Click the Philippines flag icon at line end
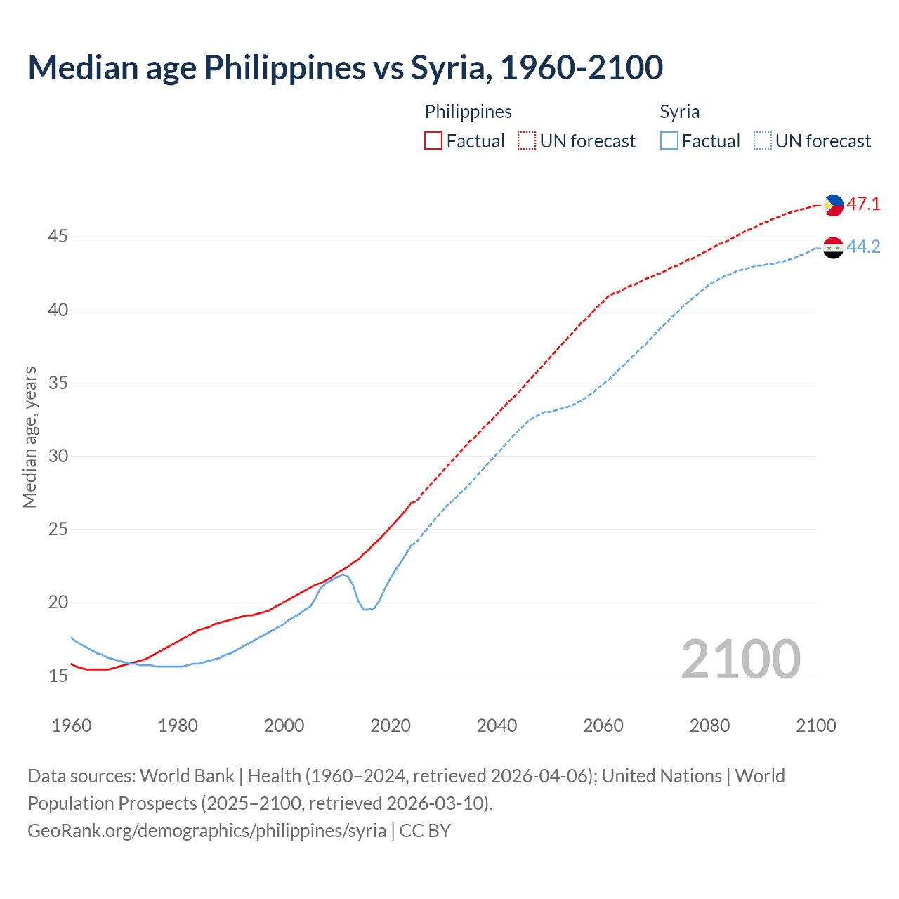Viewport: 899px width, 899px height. click(x=833, y=205)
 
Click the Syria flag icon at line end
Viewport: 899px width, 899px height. click(x=833, y=247)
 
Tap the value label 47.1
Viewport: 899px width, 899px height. click(x=863, y=204)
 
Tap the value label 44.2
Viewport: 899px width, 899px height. click(x=863, y=247)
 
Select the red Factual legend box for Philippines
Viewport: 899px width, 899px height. click(x=433, y=141)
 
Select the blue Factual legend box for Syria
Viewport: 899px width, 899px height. click(x=669, y=141)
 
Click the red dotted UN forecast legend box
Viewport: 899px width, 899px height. click(x=527, y=141)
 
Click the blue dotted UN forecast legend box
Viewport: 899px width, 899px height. click(x=762, y=141)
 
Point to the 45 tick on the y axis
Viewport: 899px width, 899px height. click(x=58, y=237)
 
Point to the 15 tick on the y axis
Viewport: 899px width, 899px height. click(x=58, y=676)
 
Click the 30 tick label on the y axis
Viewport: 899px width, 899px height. click(x=58, y=457)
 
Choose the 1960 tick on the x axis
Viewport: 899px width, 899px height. click(x=72, y=726)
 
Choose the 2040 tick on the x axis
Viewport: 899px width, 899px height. click(x=497, y=726)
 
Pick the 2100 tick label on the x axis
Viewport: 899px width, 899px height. click(x=815, y=726)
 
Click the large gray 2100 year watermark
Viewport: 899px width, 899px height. click(x=740, y=659)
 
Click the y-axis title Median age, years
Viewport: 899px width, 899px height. click(x=29, y=437)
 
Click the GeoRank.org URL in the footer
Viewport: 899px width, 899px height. click(x=206, y=831)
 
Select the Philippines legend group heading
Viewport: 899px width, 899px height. click(x=468, y=112)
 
